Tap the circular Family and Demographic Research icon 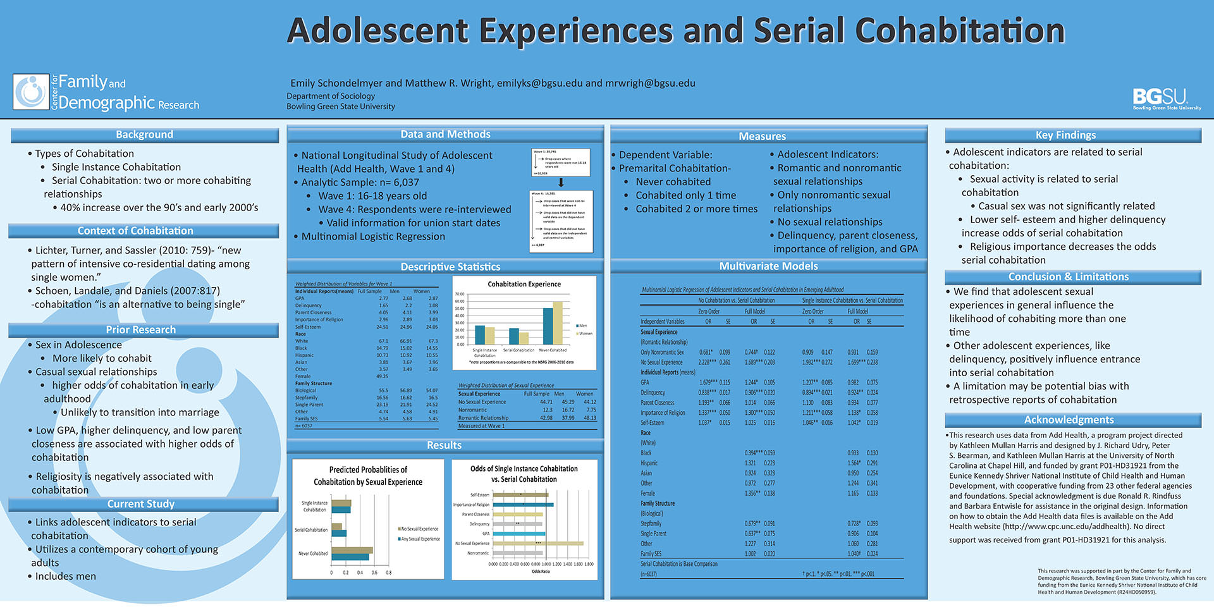31,92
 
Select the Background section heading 144,135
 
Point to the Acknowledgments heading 1069,420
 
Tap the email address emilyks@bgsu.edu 539,83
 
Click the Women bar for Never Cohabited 558,322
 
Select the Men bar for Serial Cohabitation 513,336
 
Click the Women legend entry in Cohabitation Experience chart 584,333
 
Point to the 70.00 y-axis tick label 460,294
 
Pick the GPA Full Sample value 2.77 383,298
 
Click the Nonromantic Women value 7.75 591,410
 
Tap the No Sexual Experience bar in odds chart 537,543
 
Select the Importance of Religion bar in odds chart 523,505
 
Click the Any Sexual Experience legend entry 420,539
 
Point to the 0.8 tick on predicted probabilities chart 388,573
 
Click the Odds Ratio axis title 541,572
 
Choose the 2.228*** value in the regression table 707,362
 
